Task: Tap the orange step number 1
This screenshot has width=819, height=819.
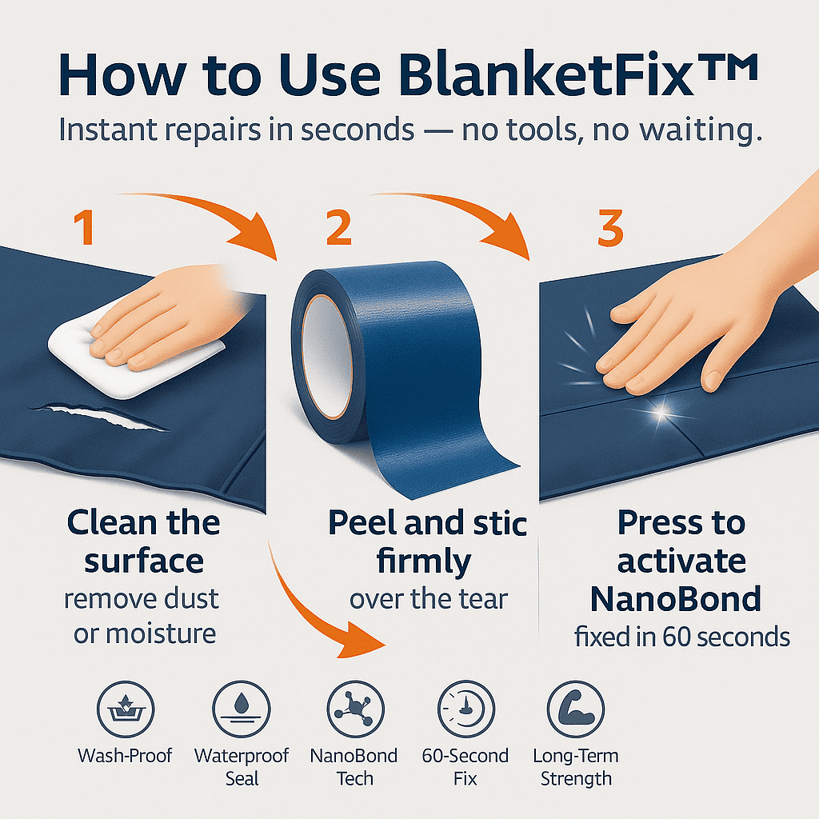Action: [84, 228]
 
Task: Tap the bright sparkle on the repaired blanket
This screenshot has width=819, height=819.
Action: [661, 413]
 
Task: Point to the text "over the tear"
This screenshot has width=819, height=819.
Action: [428, 598]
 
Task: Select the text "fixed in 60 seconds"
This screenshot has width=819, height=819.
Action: [682, 637]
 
